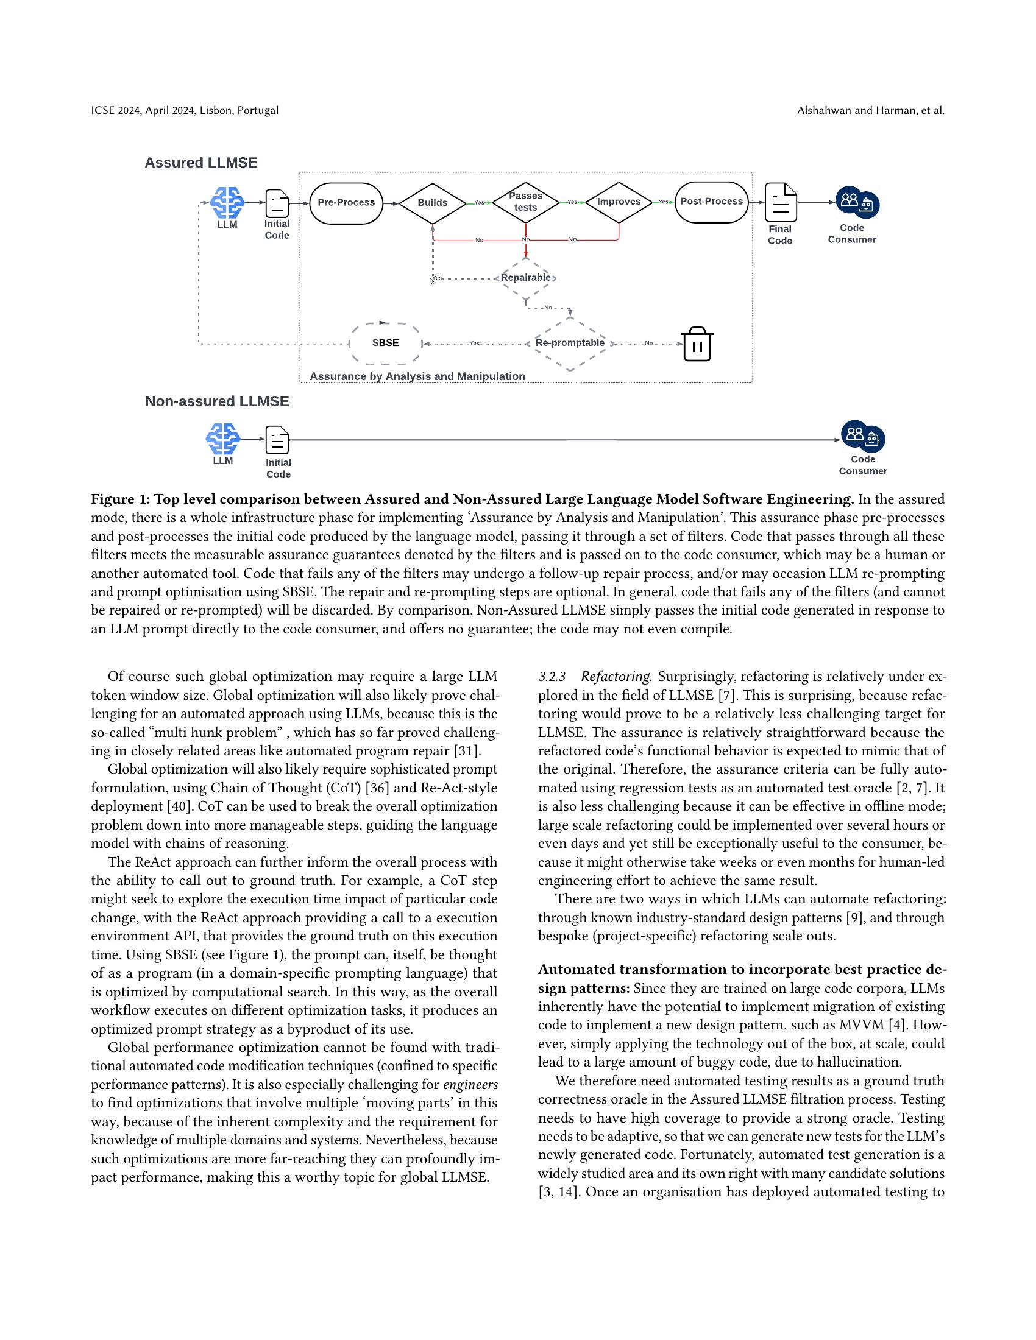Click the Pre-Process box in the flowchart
point(346,202)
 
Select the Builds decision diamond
point(433,203)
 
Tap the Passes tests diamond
point(525,202)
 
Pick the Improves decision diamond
point(619,202)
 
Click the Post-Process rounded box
point(711,202)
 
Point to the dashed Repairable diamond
point(526,278)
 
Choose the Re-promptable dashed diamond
point(570,343)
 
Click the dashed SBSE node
point(385,343)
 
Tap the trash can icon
point(697,344)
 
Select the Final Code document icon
point(781,202)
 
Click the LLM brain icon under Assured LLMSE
point(227,202)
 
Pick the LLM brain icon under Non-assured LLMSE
point(223,439)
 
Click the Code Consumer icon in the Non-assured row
point(863,437)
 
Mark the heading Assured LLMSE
point(200,163)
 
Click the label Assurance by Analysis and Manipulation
point(417,376)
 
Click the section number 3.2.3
point(552,677)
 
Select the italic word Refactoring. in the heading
point(616,677)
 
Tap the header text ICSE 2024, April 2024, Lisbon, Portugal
point(185,110)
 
